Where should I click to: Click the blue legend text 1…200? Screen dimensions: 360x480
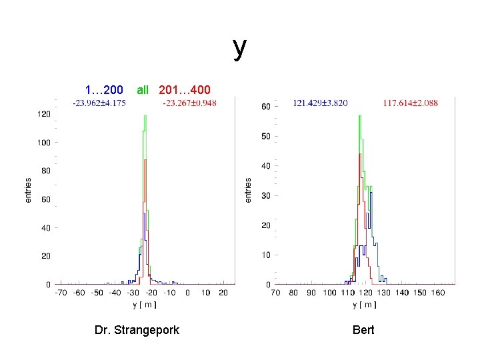coord(104,89)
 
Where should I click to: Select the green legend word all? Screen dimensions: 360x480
coord(143,89)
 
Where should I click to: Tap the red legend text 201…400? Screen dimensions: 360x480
coord(185,89)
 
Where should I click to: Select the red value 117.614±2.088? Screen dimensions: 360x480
coord(410,103)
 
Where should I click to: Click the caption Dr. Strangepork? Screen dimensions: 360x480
coord(137,330)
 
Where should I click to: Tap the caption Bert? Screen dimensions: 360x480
coord(364,330)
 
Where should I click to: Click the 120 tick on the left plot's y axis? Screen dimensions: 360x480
coord(43,114)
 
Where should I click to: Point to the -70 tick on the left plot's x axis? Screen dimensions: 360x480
coord(61,293)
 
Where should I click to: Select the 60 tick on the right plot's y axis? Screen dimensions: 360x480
coord(265,107)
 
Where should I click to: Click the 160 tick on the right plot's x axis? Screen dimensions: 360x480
coord(438,293)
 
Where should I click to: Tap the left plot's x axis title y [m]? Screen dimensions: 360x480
coord(145,305)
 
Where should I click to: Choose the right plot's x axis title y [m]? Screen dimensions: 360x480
coord(364,305)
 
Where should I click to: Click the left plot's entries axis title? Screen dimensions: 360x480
coord(28,190)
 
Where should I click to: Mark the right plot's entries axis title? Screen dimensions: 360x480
coord(248,190)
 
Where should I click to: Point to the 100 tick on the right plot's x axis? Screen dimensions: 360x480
coord(330,293)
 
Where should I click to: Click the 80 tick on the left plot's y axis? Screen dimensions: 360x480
coord(45,171)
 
